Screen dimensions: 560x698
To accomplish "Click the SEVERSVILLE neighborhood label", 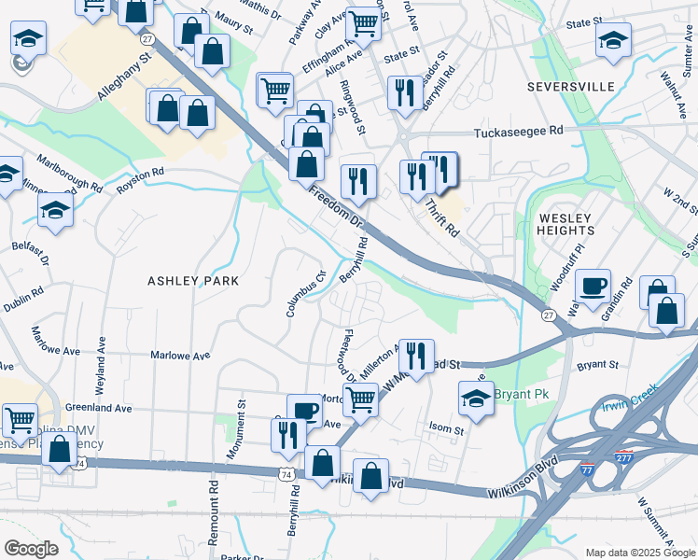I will (x=570, y=87).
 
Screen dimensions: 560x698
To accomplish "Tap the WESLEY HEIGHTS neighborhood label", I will (x=566, y=223).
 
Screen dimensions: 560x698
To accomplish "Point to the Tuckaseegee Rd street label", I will (x=520, y=133).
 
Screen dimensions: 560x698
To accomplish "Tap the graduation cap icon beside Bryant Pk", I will (x=475, y=398).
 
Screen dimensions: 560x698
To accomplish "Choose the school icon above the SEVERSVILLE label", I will (x=613, y=40).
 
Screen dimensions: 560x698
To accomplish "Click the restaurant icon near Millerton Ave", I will (x=416, y=355).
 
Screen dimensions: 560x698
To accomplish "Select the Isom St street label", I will (x=446, y=430).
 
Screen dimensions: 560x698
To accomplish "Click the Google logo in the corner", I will (x=32, y=548).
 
